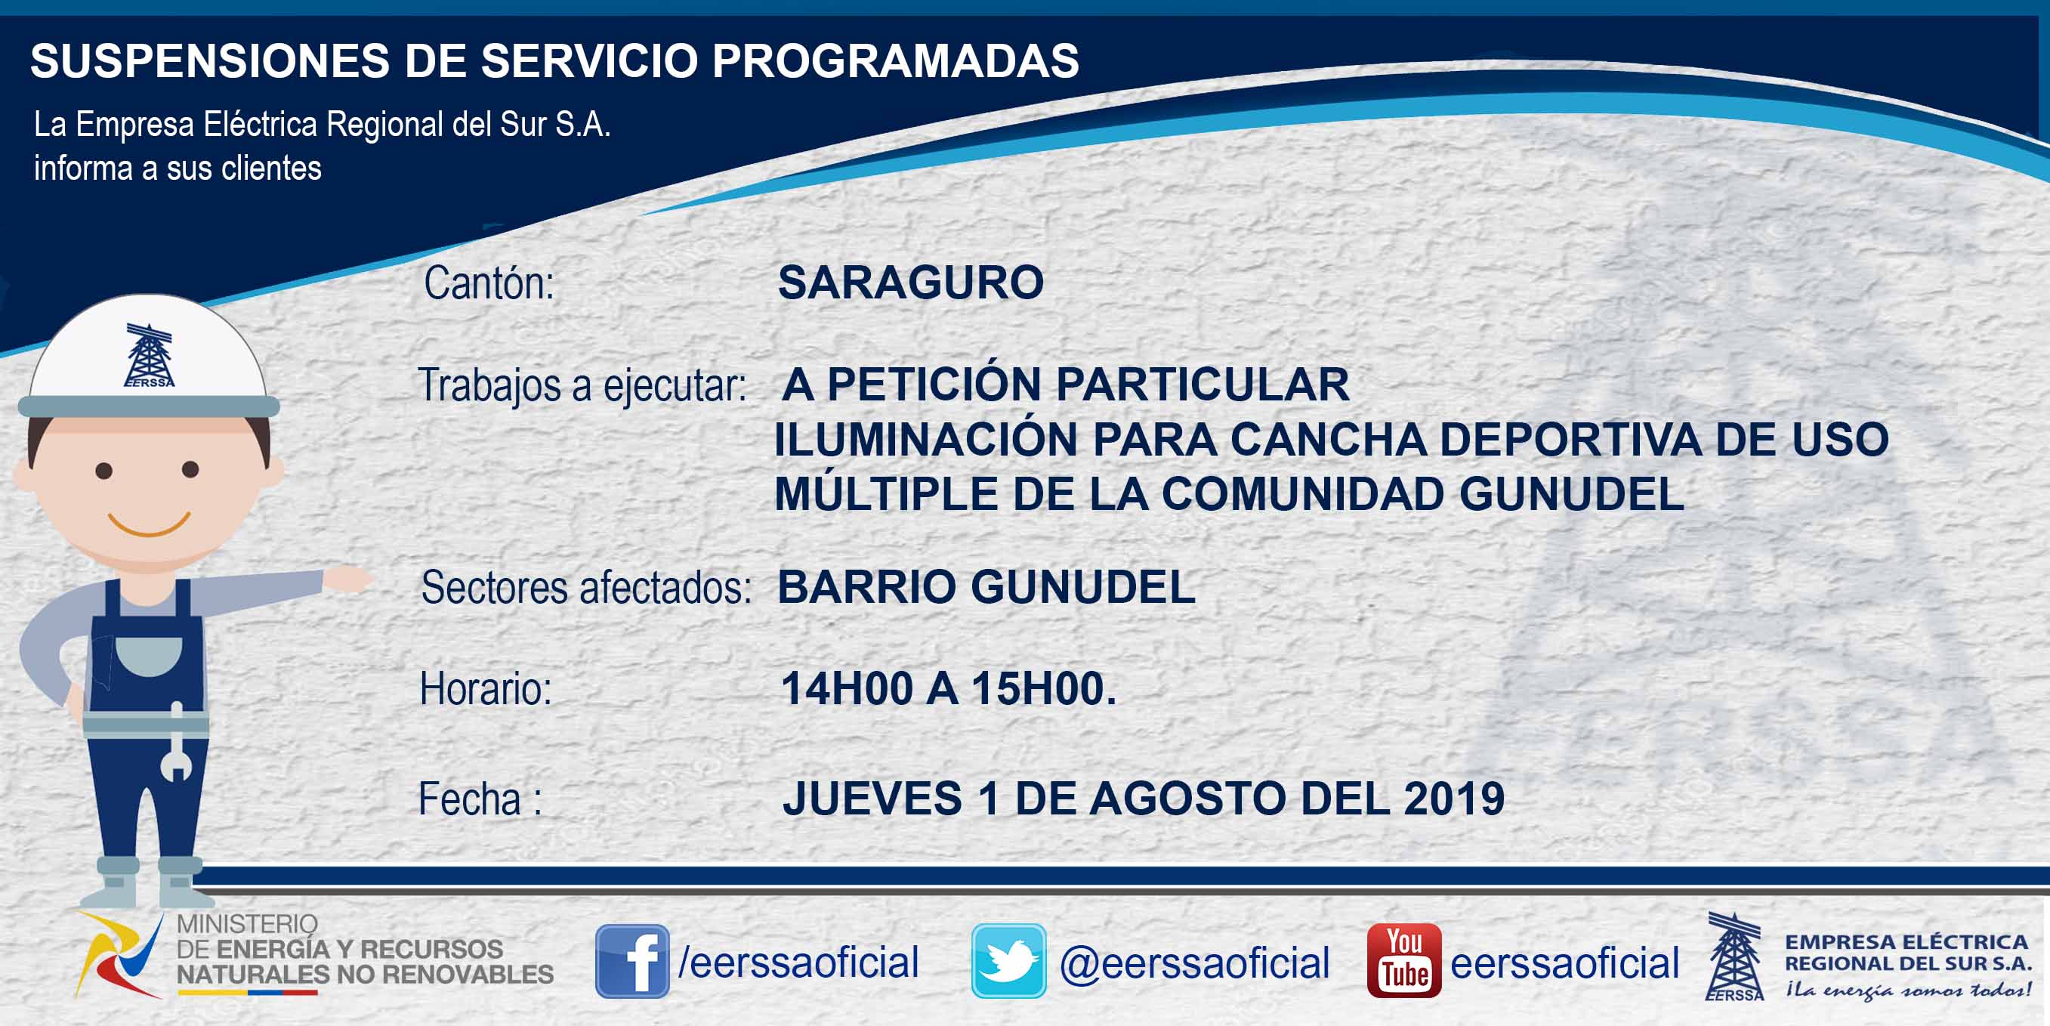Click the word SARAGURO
click(910, 283)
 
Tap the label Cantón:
click(489, 283)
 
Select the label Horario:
click(486, 688)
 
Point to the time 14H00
click(847, 688)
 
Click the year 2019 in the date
click(1454, 799)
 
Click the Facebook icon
click(633, 961)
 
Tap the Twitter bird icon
click(1008, 961)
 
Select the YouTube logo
click(1403, 961)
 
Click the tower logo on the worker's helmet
click(149, 355)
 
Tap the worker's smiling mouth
click(149, 524)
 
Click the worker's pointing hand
click(347, 579)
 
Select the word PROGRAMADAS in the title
click(895, 60)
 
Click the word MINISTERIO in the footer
click(247, 924)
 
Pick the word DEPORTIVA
click(1571, 440)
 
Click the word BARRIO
click(866, 588)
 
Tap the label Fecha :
click(480, 799)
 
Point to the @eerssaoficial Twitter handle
click(1194, 963)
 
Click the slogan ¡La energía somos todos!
click(1907, 990)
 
